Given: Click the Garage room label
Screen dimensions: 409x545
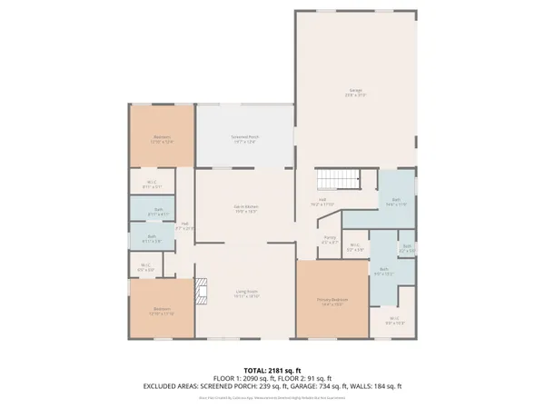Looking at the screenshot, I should (x=355, y=92).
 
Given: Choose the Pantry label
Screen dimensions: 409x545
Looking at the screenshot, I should (x=330, y=240).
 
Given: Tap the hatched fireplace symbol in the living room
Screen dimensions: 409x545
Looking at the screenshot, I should (x=202, y=293).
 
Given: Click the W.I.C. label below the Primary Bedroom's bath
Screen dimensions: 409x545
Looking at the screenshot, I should (x=392, y=321).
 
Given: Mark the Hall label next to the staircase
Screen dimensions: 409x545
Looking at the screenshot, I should (x=323, y=202).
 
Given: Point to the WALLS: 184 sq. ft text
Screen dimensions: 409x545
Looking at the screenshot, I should (x=381, y=386).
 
